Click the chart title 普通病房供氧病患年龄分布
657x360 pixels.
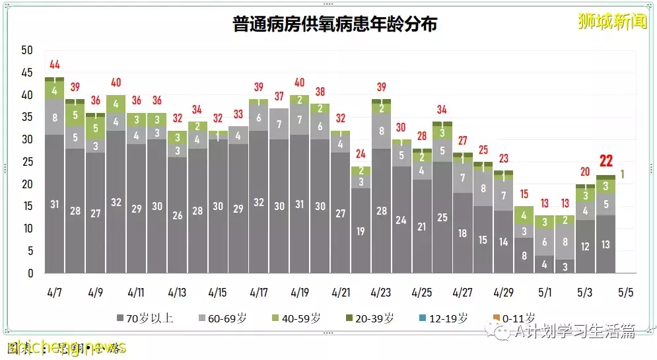click(x=335, y=24)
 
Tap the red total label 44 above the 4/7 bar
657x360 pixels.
click(x=55, y=65)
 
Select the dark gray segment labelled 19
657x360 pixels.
click(x=361, y=231)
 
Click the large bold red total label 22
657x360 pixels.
click(x=606, y=161)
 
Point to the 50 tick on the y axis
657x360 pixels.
click(x=27, y=50)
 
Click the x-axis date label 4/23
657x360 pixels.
click(x=381, y=291)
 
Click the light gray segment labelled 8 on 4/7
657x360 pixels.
click(x=55, y=118)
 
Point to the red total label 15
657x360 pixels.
click(x=524, y=194)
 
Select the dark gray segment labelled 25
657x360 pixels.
click(x=442, y=217)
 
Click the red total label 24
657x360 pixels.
click(x=361, y=154)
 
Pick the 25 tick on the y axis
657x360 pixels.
click(x=27, y=162)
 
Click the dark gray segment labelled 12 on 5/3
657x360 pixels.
click(x=586, y=246)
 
